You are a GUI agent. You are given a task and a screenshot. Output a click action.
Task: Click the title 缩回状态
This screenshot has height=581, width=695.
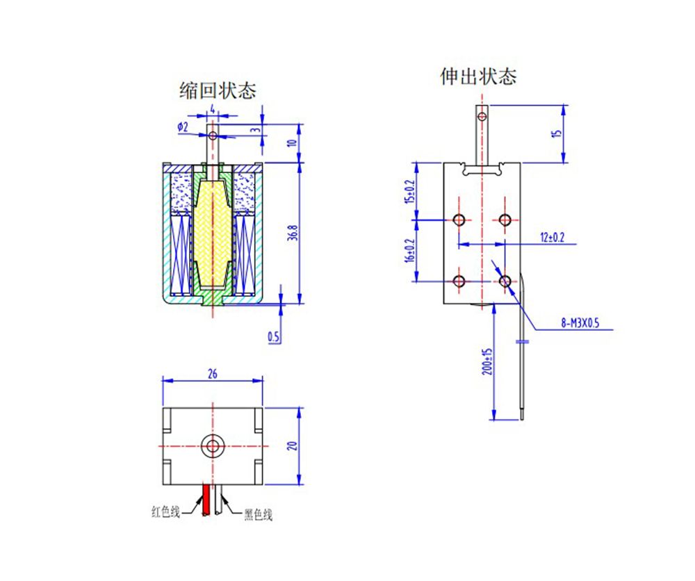click(218, 90)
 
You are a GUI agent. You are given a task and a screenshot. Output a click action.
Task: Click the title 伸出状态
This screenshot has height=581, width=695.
click(478, 76)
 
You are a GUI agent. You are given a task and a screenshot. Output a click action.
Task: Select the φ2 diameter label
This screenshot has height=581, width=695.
click(183, 126)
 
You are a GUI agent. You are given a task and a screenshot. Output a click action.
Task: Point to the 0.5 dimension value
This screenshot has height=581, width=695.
click(273, 337)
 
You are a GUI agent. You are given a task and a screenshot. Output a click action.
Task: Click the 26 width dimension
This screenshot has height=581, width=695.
click(213, 374)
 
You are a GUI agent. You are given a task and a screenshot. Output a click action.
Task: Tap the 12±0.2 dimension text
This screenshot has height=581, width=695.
click(553, 237)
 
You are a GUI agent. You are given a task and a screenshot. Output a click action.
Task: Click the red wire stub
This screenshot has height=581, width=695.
click(207, 500)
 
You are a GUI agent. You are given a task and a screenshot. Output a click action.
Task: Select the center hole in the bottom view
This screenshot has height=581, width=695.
click(213, 445)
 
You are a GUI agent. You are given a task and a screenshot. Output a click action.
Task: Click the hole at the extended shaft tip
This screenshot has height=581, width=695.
click(482, 115)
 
